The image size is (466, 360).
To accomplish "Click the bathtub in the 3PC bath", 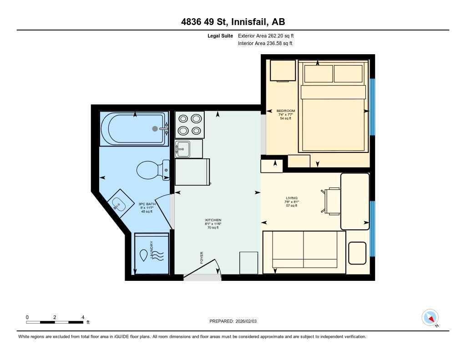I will [134, 129].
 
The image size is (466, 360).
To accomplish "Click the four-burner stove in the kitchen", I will [190, 125].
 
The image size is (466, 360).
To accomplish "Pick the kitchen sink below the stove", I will [183, 149].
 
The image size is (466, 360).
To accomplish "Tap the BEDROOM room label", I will [286, 111].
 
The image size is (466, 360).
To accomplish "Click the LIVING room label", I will [291, 198].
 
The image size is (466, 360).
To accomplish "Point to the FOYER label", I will [202, 258].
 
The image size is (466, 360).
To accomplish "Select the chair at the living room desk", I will [332, 201].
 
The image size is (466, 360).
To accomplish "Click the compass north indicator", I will [430, 318].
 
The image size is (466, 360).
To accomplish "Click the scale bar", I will [55, 322].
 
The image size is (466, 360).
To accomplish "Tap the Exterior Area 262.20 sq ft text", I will [269, 35].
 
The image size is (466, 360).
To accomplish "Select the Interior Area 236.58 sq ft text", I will [265, 44].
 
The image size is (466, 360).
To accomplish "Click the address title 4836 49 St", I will [233, 22].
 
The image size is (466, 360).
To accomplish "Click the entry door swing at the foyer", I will [203, 269].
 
